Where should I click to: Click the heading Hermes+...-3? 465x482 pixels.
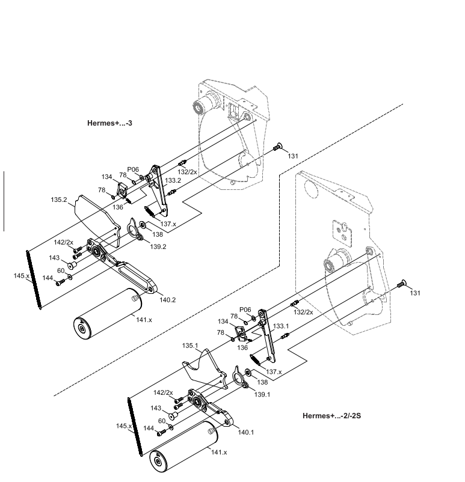(x=110, y=123)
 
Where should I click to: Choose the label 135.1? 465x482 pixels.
(x=190, y=346)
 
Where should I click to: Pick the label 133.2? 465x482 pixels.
(x=173, y=180)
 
